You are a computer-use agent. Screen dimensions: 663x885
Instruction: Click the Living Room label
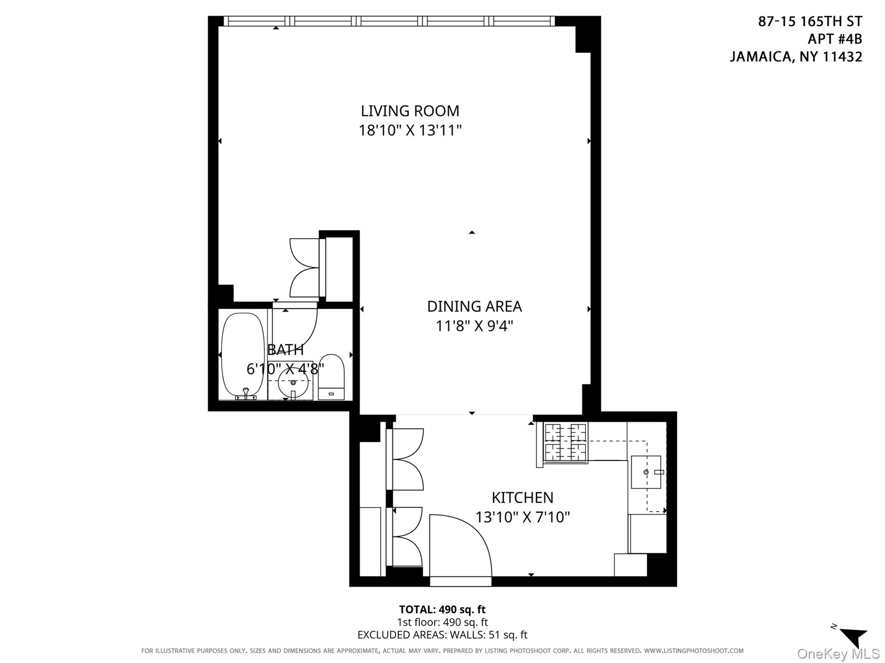(x=410, y=111)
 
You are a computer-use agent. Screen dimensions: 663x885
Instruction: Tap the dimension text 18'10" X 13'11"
(x=410, y=130)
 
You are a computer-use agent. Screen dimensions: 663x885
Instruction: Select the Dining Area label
(x=474, y=306)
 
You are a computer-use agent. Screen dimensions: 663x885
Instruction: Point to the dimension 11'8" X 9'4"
(x=474, y=326)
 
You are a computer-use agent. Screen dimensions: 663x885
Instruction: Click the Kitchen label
(x=522, y=498)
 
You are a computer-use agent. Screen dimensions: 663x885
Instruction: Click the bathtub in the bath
(x=242, y=356)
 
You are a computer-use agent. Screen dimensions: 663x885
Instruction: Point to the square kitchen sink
(x=646, y=472)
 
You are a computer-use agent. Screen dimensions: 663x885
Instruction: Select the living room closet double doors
(x=305, y=268)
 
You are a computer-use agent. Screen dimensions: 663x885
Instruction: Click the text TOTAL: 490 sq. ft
(x=442, y=609)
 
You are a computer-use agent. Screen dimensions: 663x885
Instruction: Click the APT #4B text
(x=834, y=39)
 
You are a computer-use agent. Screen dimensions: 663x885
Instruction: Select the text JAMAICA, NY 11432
(x=796, y=57)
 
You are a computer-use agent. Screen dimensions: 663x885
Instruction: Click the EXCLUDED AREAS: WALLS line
(x=442, y=635)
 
